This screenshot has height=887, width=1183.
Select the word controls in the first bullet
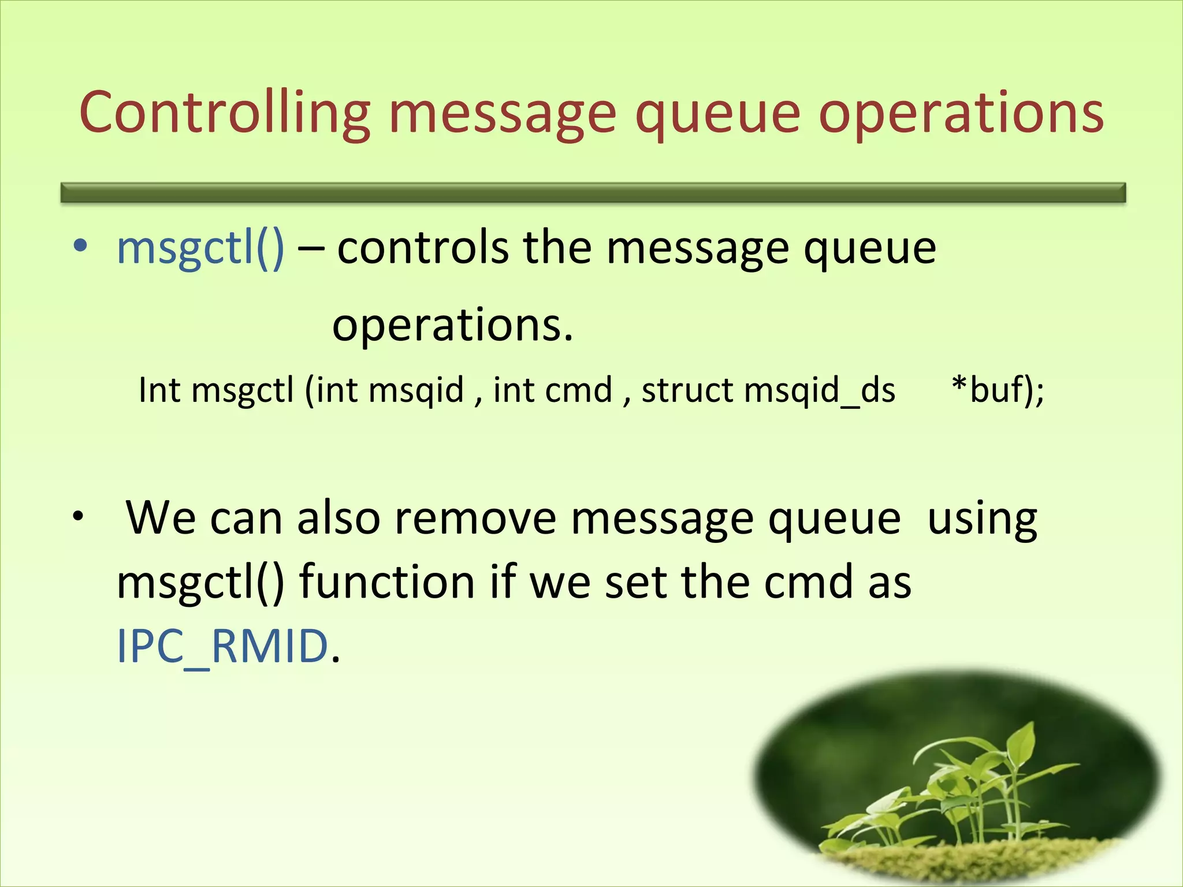tap(423, 248)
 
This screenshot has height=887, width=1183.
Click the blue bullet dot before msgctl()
tap(80, 247)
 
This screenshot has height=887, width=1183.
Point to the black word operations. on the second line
tap(452, 325)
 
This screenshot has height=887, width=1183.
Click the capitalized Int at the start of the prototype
tap(159, 390)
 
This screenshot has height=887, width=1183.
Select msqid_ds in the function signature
tap(820, 391)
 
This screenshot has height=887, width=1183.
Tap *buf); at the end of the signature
tap(998, 390)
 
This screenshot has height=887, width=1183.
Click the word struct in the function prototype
tap(687, 390)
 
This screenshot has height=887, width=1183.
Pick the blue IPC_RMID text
tap(222, 646)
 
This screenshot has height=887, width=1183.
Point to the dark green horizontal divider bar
tap(593, 192)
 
